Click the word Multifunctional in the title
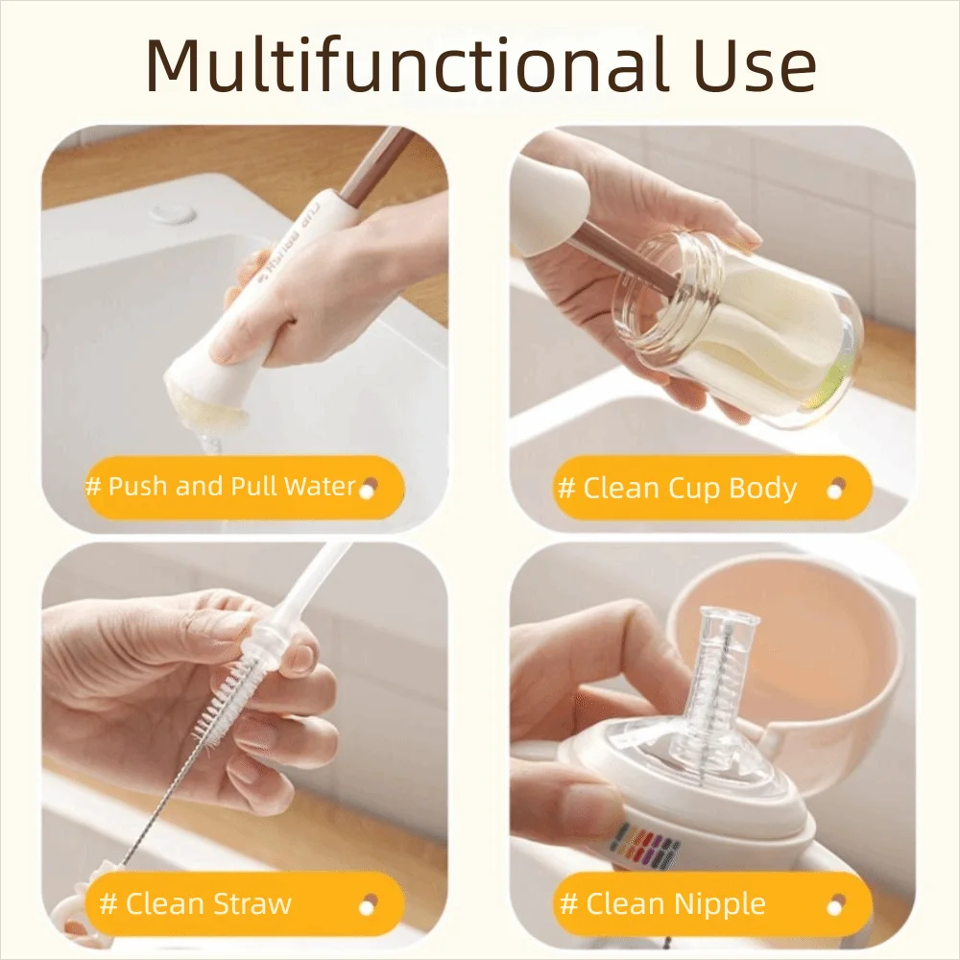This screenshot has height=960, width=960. [405, 65]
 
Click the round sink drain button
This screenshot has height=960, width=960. [175, 213]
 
